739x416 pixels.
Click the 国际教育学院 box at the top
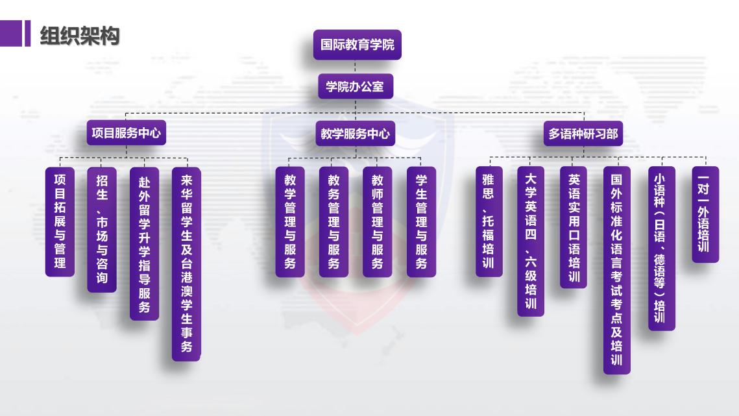[357, 45]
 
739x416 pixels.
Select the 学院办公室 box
[356, 86]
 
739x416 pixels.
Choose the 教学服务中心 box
[356, 134]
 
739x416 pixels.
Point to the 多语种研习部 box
[583, 134]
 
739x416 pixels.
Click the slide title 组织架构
[80, 36]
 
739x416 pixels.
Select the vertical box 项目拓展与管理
[60, 222]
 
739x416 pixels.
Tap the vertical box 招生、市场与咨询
[102, 230]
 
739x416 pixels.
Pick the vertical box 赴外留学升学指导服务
[144, 244]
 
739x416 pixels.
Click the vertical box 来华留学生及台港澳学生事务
[186, 264]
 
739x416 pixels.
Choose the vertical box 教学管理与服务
[290, 222]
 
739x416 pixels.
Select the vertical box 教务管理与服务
[333, 222]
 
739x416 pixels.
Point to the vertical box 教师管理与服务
[378, 222]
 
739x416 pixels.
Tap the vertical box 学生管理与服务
[421, 222]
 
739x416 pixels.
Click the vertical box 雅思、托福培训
[489, 221]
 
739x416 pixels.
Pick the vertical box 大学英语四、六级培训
[531, 241]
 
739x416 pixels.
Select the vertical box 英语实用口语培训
[574, 227]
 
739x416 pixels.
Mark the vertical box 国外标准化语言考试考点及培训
[617, 270]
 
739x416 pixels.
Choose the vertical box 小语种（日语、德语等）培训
[662, 248]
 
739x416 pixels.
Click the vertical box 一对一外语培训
[705, 214]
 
